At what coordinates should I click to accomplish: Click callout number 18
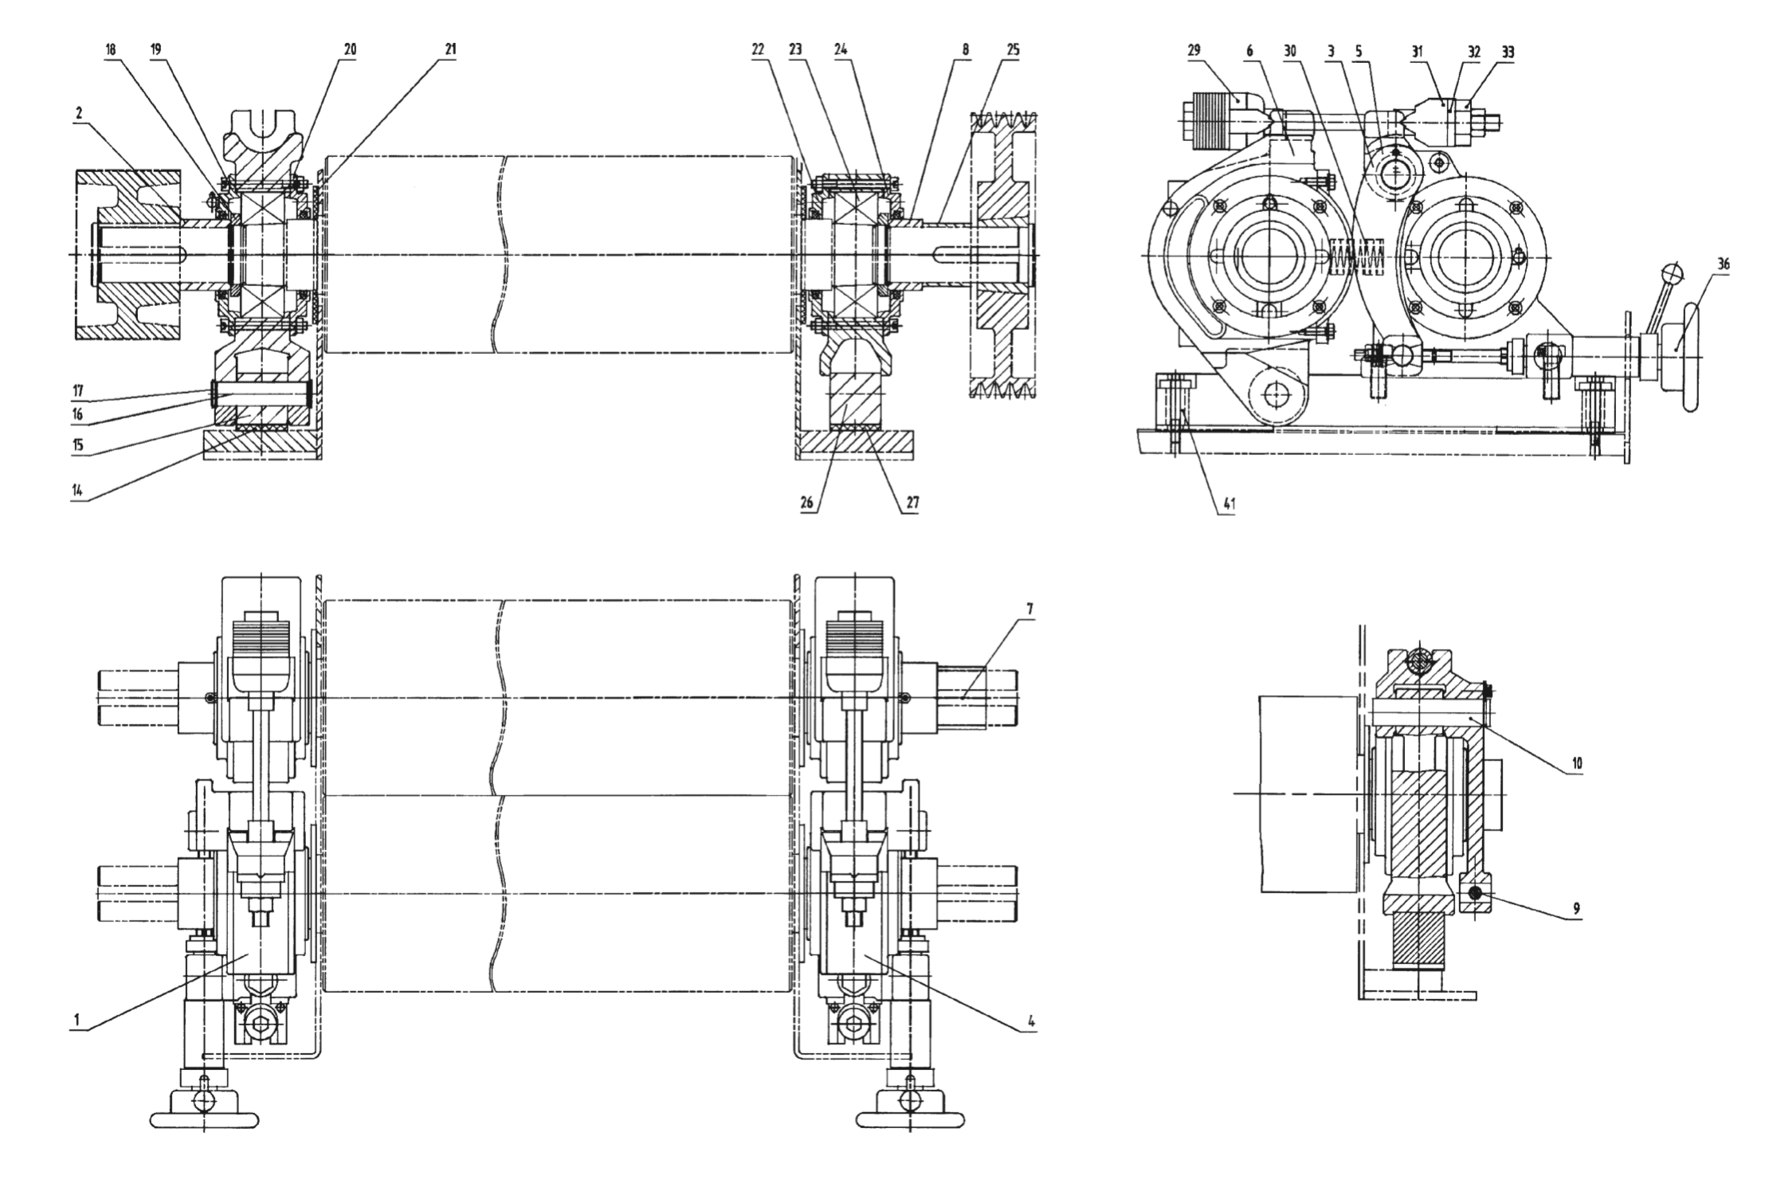point(109,49)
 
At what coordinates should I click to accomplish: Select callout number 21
point(450,49)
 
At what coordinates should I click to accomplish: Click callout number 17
point(77,390)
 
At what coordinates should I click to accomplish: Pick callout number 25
point(1012,49)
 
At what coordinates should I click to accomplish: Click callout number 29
point(1193,49)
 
